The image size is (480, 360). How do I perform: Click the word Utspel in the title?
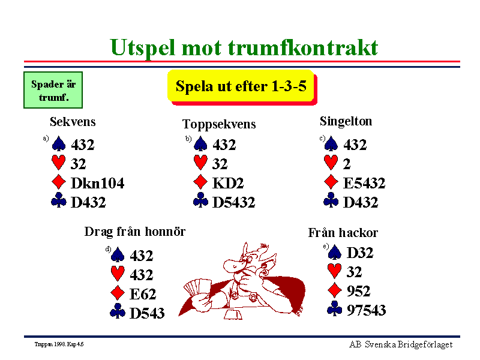tap(143, 49)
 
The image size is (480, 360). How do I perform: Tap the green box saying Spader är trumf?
tap(53, 90)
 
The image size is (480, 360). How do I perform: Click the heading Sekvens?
tap(73, 122)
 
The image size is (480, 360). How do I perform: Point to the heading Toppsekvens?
tap(219, 124)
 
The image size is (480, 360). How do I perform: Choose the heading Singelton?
tap(346, 121)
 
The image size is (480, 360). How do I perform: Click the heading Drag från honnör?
tap(134, 232)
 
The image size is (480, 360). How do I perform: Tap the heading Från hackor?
tap(343, 233)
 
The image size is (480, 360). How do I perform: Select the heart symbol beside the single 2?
tap(331, 162)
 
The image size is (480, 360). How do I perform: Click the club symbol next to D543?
tap(118, 311)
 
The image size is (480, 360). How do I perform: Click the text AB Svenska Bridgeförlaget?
tap(401, 344)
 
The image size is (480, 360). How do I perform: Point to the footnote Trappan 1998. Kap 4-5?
tap(59, 344)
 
